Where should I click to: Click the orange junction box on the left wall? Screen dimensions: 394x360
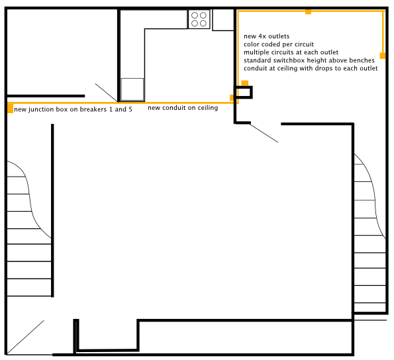(x=10, y=108)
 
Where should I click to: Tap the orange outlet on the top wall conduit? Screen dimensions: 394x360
(x=308, y=11)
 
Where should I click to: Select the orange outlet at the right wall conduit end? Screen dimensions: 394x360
(x=383, y=56)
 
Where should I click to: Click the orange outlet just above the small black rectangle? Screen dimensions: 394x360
(x=245, y=83)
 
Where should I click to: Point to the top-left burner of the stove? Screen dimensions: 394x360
(x=195, y=15)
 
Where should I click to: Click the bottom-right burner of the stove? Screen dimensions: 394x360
(x=203, y=23)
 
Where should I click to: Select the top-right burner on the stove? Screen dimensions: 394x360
(x=203, y=15)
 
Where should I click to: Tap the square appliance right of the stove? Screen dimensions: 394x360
(x=223, y=20)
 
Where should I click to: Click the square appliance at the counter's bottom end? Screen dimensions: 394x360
(x=132, y=89)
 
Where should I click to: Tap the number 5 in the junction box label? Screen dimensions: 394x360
(x=130, y=109)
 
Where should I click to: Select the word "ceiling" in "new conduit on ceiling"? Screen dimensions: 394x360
(x=207, y=108)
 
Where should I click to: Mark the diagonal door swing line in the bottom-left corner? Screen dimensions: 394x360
(x=25, y=337)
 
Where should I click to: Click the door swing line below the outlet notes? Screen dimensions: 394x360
(x=264, y=133)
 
